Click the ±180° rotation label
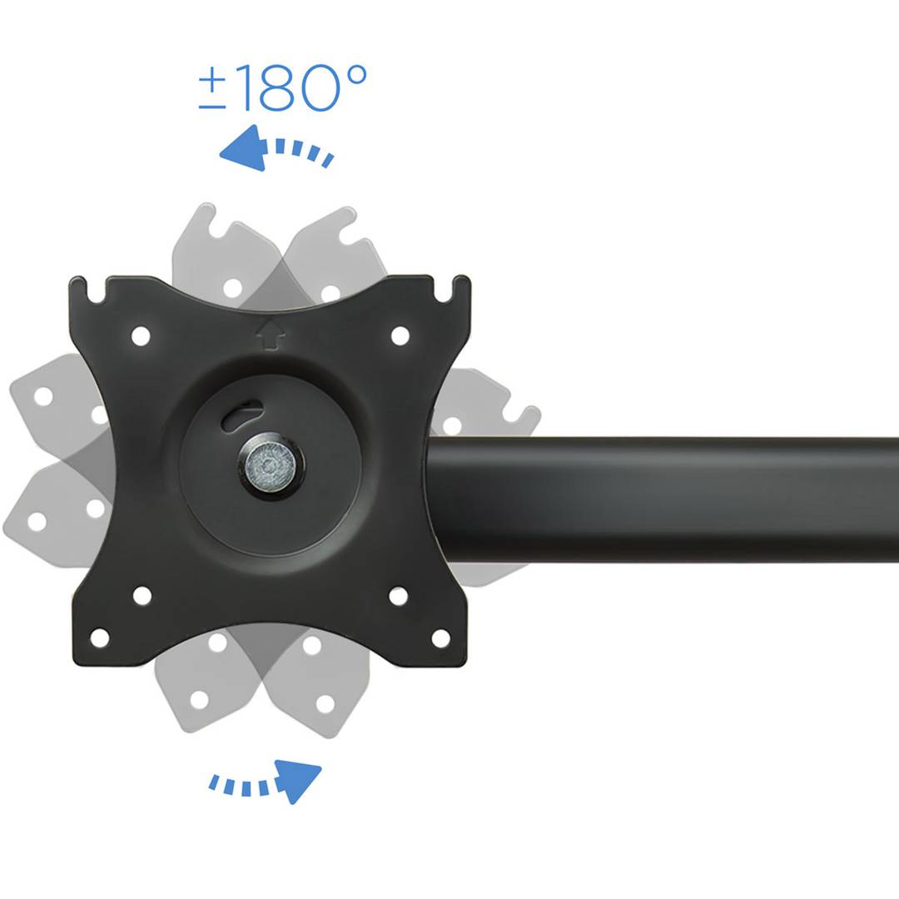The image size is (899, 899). (283, 87)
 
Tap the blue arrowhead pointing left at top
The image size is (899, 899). (245, 148)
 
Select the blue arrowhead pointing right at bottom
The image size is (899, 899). (298, 781)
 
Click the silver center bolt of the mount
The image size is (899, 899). (270, 464)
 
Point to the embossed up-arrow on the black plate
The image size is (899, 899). (270, 335)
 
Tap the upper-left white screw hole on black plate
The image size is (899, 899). (141, 336)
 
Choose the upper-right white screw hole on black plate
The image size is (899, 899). (400, 336)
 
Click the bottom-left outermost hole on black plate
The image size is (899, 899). (100, 638)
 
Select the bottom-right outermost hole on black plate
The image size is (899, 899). (440, 638)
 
